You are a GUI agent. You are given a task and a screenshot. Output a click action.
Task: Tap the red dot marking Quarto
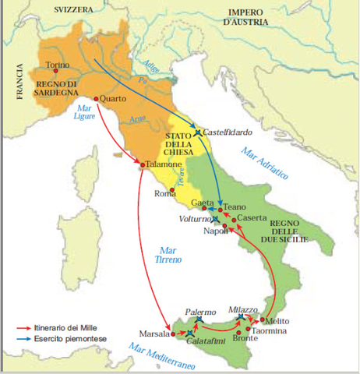(x=96, y=99)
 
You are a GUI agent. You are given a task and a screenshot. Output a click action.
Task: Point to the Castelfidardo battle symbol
(x=198, y=132)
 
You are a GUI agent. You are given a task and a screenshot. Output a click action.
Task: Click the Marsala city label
(x=155, y=333)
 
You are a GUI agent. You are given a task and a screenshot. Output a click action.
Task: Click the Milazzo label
(x=242, y=310)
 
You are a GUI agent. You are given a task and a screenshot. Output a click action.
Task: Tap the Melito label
(x=277, y=320)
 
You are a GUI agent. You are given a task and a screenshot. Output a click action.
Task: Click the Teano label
(x=235, y=207)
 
